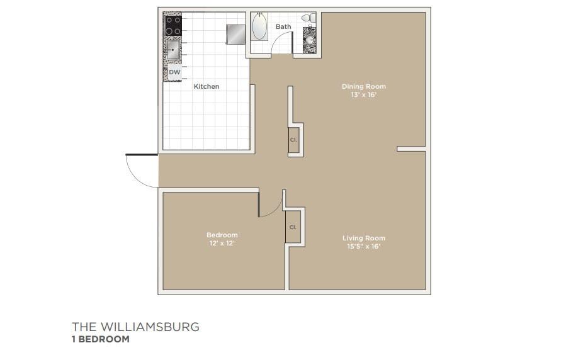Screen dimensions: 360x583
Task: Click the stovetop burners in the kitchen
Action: [x=174, y=25]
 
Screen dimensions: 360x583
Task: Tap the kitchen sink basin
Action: [x=174, y=49]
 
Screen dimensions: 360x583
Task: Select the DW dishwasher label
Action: [x=174, y=72]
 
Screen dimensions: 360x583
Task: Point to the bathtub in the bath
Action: [x=259, y=27]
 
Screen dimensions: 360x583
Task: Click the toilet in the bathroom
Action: [x=308, y=20]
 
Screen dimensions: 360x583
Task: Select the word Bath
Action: [x=283, y=26]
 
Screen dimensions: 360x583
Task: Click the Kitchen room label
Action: [x=207, y=86]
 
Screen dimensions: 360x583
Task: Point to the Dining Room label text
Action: [x=364, y=86]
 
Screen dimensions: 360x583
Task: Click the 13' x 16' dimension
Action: [x=364, y=95]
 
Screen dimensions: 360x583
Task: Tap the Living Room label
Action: [x=364, y=238]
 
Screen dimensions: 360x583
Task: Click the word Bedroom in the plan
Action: [x=222, y=235]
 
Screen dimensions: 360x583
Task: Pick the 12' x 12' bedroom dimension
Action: [x=222, y=243]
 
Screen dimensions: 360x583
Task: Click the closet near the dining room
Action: [x=293, y=139]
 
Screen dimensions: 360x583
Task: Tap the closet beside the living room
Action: [x=293, y=227]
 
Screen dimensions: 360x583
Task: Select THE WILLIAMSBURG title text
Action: [x=135, y=327]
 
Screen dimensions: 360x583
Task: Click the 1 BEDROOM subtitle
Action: [x=101, y=339]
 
